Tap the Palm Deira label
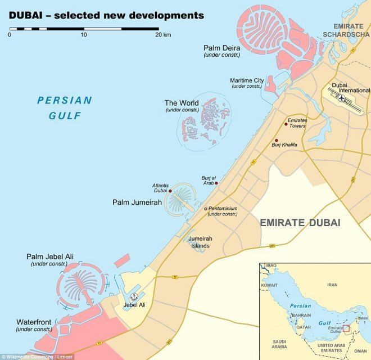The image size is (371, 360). click(221, 48)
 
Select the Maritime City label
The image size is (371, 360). click(246, 80)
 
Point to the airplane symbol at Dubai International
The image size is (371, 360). click(342, 97)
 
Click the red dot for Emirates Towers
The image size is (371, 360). click(286, 124)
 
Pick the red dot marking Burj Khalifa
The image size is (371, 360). click(275, 141)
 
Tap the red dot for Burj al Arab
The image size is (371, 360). click(216, 183)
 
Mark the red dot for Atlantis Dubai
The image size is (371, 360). click(170, 191)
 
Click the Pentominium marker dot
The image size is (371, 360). click(206, 209)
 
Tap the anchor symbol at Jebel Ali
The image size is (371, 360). click(134, 296)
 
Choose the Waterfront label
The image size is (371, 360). click(34, 322)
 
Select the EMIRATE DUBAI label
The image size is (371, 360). click(300, 223)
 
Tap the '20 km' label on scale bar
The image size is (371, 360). click(163, 35)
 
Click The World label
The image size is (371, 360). click(181, 103)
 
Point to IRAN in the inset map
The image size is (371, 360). click(332, 285)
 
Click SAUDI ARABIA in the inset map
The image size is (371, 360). click(279, 344)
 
